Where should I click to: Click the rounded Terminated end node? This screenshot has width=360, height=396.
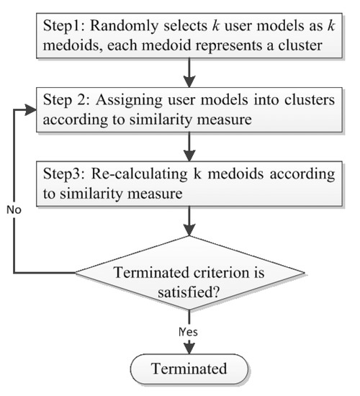click(x=188, y=370)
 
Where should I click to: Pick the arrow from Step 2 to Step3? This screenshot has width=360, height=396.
click(x=188, y=148)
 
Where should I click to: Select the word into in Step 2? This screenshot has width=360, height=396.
click(x=272, y=100)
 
